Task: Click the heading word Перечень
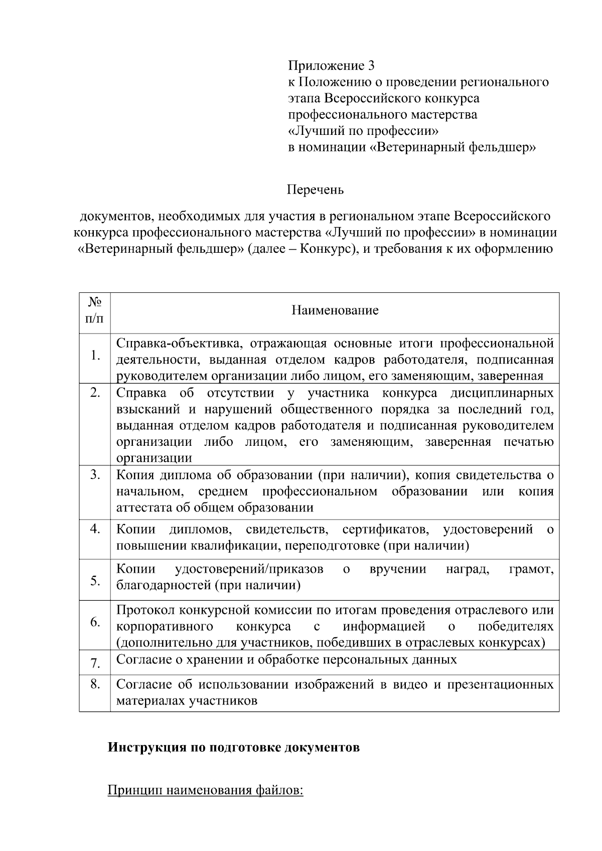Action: pos(315,190)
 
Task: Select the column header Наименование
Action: pos(335,310)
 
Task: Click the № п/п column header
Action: pos(95,310)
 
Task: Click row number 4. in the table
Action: pos(95,529)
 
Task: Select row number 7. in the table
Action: pos(95,664)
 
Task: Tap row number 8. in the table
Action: pos(95,684)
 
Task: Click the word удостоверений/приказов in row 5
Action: pos(249,569)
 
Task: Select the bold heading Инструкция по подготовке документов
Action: pos(234,748)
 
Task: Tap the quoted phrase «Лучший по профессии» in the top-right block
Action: pos(363,131)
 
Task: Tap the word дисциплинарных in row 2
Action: pos(502,393)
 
